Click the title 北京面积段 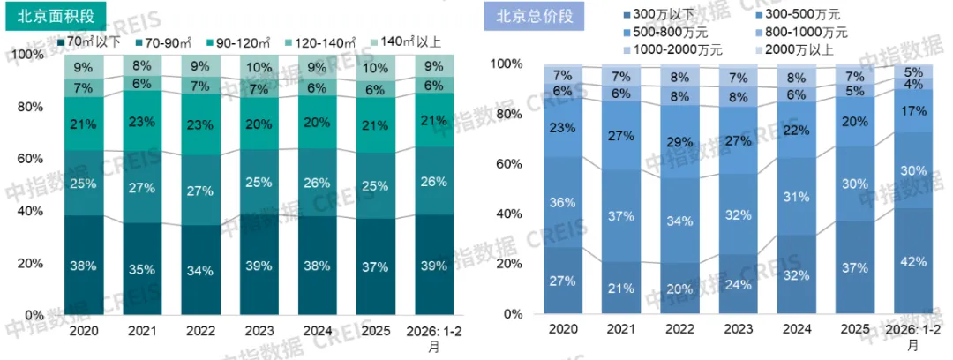56,15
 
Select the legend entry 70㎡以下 88,41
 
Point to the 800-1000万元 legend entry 802,33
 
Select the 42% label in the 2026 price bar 913,261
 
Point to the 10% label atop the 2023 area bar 259,68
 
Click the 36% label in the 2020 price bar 563,202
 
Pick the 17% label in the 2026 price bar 913,111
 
